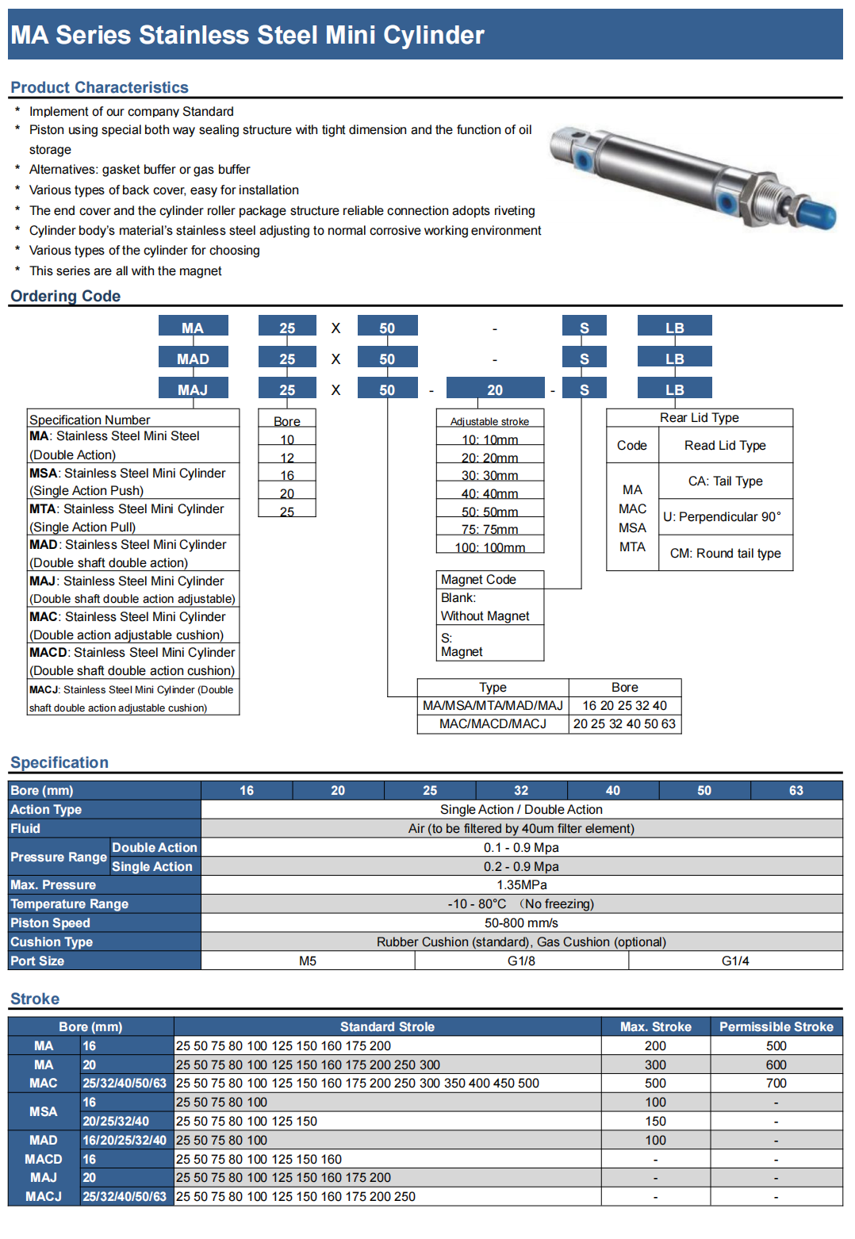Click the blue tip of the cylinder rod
[816, 213]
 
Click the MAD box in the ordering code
[193, 359]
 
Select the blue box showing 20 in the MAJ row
[495, 389]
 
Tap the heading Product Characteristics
[99, 87]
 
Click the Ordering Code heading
[65, 296]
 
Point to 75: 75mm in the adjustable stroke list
[489, 529]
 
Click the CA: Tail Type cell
[725, 481]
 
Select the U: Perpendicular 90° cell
[722, 516]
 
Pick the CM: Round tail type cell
[725, 553]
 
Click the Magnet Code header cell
[478, 580]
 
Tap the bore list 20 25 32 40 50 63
[624, 723]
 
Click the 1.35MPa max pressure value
[521, 884]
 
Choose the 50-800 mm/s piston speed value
[521, 923]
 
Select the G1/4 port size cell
[734, 961]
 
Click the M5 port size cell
[308, 961]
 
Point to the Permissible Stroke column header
[776, 1026]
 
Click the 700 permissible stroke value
[776, 1083]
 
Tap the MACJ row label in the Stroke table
[44, 1196]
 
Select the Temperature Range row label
[69, 903]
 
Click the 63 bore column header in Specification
[796, 790]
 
